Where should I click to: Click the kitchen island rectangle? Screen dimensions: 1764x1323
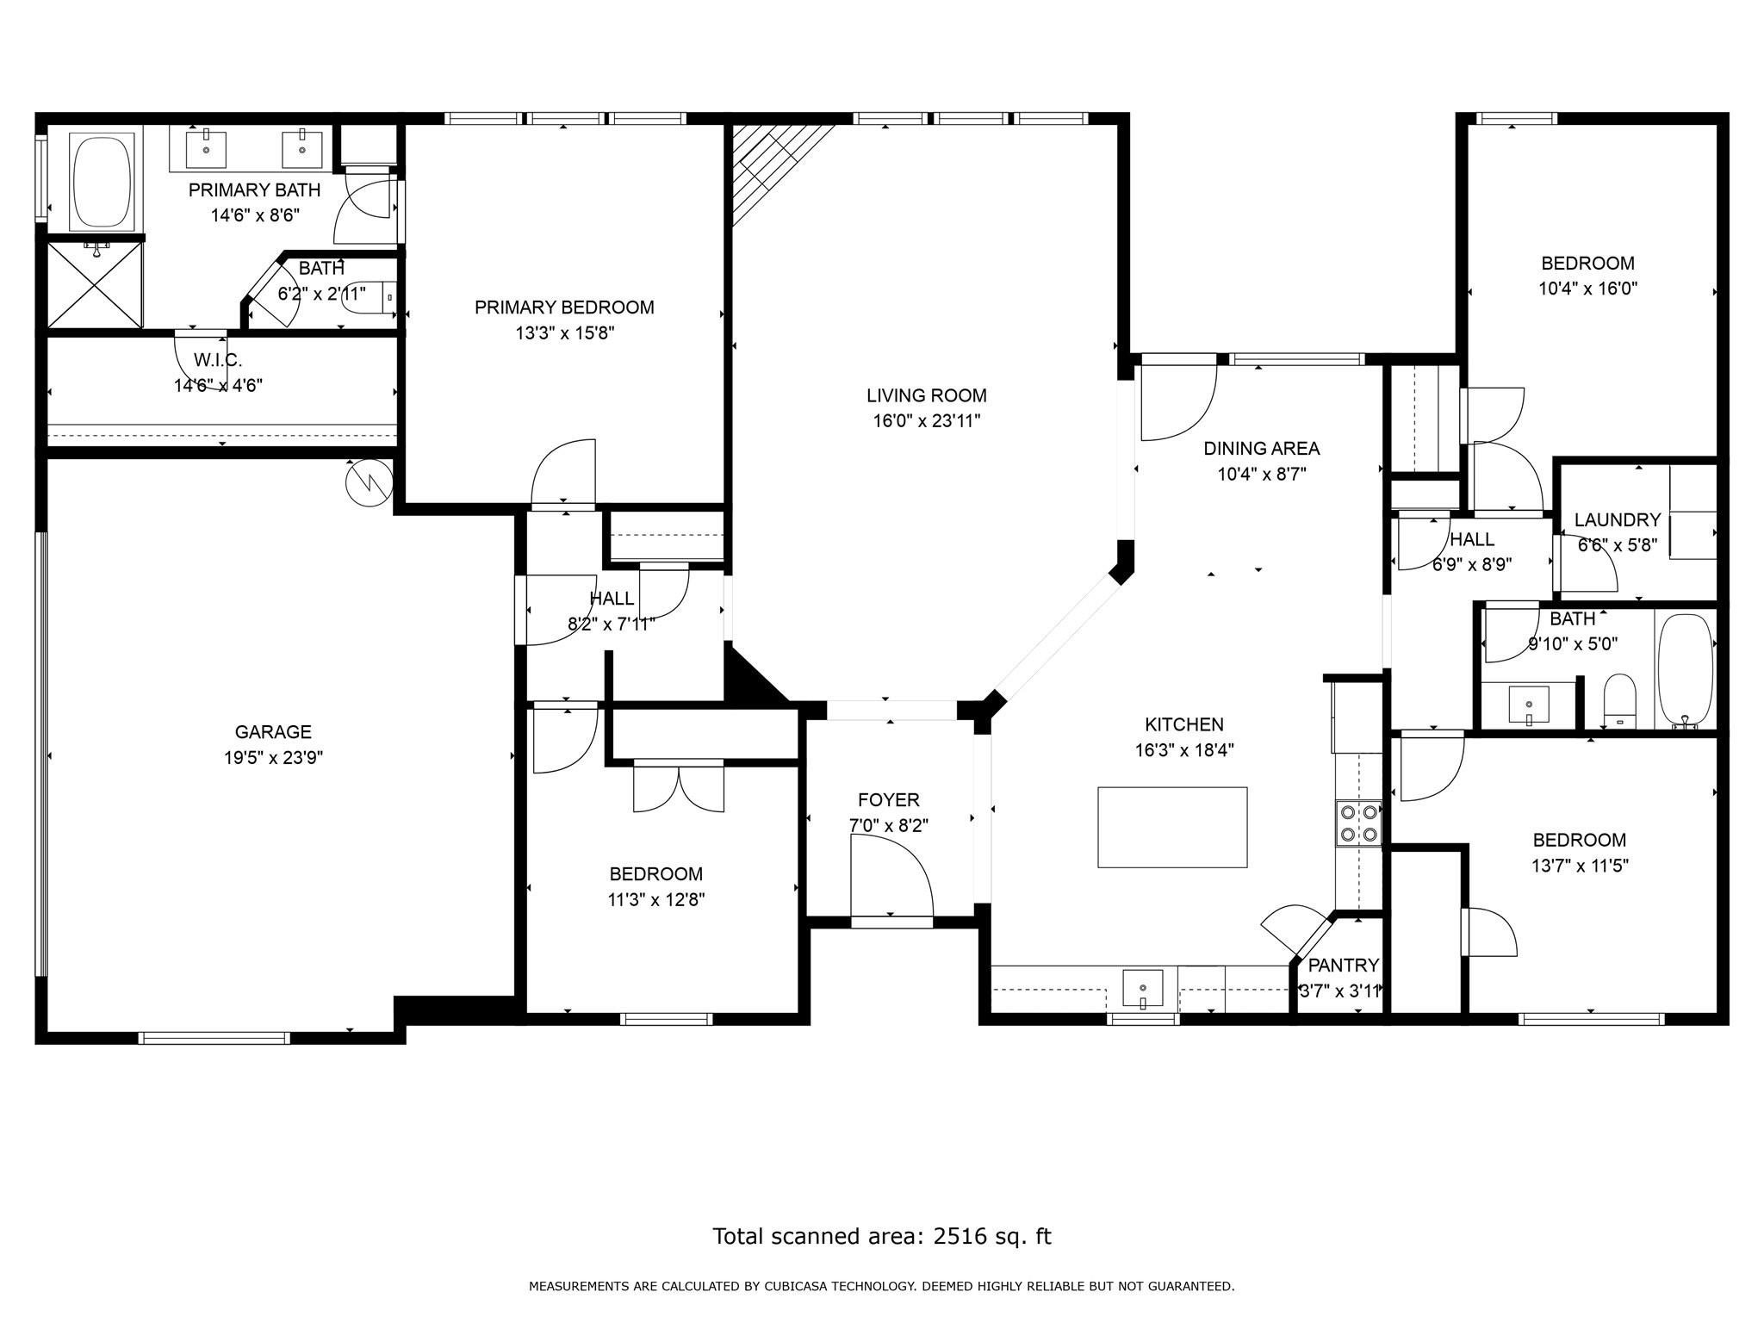pos(1172,827)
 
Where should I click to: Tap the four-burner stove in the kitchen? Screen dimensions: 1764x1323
pos(1358,823)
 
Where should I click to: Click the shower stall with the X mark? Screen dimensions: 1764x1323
pos(95,284)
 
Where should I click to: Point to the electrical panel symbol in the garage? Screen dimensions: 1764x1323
pos(369,483)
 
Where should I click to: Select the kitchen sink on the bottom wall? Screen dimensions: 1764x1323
pos(1142,989)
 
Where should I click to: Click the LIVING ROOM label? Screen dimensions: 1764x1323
pos(927,396)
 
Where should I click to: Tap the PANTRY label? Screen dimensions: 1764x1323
pos(1344,966)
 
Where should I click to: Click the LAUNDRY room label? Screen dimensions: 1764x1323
pos(1618,520)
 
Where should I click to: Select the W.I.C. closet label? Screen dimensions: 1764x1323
pos(218,360)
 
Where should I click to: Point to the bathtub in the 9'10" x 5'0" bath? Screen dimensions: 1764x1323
pos(1685,669)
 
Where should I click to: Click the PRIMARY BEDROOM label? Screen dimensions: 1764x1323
pos(564,307)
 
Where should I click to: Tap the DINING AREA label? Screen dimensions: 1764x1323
pos(1262,449)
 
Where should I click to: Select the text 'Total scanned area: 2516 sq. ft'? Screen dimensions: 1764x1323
pos(882,1237)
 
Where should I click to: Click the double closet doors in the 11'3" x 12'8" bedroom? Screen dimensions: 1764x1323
pos(679,787)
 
